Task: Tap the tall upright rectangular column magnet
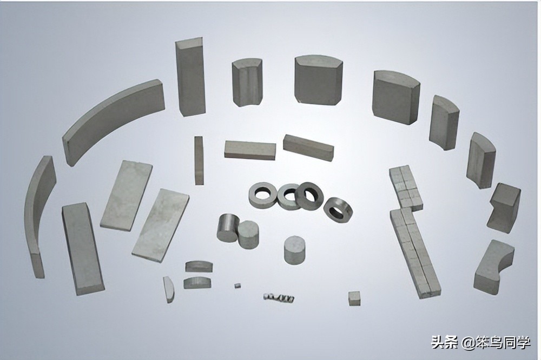(x=190, y=77)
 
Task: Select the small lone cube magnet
(x=354, y=298)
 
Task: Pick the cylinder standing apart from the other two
(x=295, y=250)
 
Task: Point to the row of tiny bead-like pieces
(x=279, y=297)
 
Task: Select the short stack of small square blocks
(x=406, y=188)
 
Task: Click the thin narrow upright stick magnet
(x=199, y=161)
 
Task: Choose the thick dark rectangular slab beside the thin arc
(x=82, y=248)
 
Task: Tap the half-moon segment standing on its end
(x=169, y=289)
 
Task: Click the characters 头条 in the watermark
(x=444, y=342)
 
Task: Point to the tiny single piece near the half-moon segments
(x=237, y=285)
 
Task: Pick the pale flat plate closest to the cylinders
(x=161, y=225)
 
